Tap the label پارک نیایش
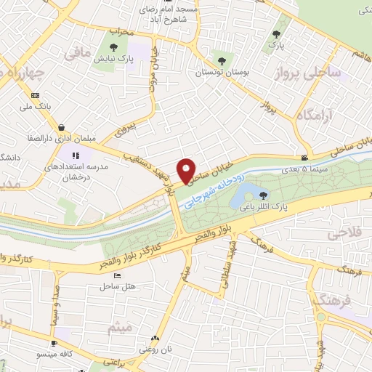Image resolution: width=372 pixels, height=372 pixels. point(110,58)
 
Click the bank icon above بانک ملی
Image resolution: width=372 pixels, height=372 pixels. point(35,95)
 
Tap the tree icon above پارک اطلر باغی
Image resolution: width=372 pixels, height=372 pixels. point(262,194)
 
